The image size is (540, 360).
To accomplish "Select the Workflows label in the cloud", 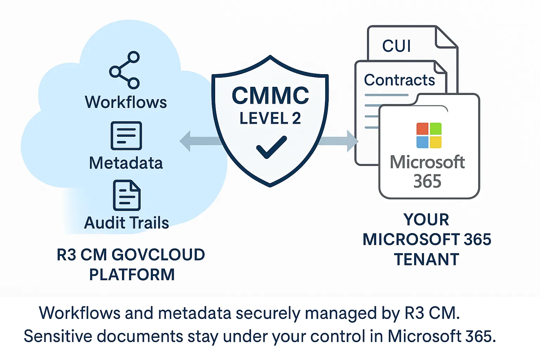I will pyautogui.click(x=126, y=102).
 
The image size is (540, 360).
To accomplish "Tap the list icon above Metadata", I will pyautogui.click(x=126, y=136).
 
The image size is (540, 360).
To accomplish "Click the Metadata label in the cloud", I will pyautogui.click(x=126, y=163).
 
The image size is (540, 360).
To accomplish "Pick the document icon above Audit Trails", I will pyautogui.click(x=127, y=195).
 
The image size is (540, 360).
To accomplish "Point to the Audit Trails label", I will pyautogui.click(x=127, y=223).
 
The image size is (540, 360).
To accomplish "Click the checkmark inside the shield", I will pyautogui.click(x=271, y=147).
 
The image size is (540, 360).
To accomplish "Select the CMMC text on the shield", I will pyautogui.click(x=270, y=96).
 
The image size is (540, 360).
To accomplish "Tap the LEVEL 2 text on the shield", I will pyautogui.click(x=270, y=118).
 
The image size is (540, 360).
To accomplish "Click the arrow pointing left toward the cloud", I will pyautogui.click(x=197, y=141).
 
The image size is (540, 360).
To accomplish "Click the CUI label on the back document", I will pyautogui.click(x=397, y=46).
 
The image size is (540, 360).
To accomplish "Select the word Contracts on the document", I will pyautogui.click(x=399, y=80).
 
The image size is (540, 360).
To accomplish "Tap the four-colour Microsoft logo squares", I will pyautogui.click(x=429, y=135).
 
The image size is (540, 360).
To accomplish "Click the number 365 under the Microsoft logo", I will pyautogui.click(x=427, y=181).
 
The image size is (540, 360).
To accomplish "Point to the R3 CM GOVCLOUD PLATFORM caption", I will pyautogui.click(x=131, y=264).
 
